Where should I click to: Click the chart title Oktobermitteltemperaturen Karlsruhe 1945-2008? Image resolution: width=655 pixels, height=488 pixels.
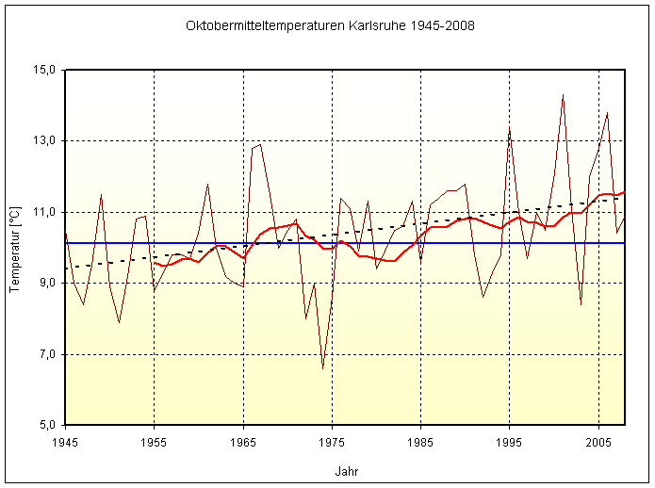[x=330, y=25]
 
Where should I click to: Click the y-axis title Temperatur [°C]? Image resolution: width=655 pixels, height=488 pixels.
[x=15, y=247]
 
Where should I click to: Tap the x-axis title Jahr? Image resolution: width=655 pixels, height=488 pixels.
[x=346, y=471]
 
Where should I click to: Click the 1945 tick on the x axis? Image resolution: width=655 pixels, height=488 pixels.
[x=65, y=441]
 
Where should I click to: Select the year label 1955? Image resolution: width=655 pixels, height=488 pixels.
[x=155, y=441]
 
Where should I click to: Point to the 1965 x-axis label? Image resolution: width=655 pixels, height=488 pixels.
[x=243, y=441]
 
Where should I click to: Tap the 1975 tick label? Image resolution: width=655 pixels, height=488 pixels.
[x=333, y=441]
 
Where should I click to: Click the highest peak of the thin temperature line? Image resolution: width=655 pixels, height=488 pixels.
[x=563, y=94]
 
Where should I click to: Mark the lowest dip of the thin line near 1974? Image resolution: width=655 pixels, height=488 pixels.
[x=323, y=368]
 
